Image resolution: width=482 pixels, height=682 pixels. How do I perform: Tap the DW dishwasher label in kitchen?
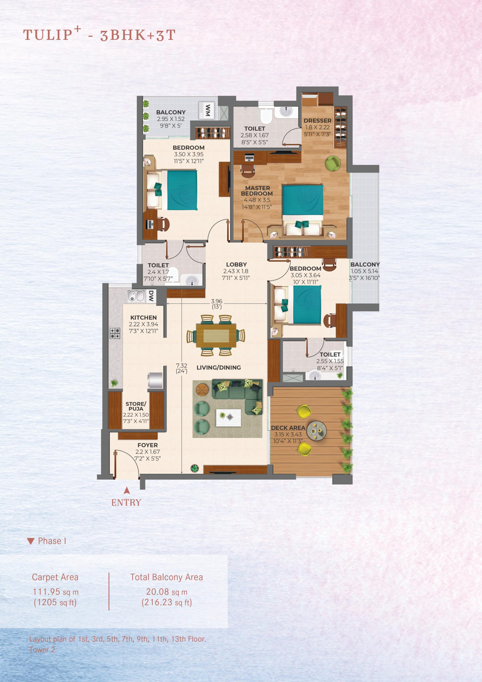click(151, 296)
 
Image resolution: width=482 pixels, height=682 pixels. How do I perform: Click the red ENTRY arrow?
click(127, 490)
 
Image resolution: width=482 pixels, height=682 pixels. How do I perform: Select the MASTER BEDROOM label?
click(257, 191)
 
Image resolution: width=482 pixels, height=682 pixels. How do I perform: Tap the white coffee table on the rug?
click(228, 418)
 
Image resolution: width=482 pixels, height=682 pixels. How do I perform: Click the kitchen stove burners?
click(115, 333)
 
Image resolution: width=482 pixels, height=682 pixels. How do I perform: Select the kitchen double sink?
click(136, 296)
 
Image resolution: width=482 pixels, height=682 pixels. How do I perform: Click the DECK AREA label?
click(288, 428)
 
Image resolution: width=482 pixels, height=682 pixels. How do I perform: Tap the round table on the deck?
click(316, 431)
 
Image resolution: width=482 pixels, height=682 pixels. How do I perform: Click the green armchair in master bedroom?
click(333, 163)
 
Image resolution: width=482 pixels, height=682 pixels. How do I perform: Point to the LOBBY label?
click(236, 264)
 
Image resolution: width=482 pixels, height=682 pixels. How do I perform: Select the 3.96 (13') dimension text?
click(217, 304)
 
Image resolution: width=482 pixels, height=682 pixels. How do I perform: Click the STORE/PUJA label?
click(136, 406)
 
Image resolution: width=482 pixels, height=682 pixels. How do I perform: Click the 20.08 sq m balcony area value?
click(167, 592)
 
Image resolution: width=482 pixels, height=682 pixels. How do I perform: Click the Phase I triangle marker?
click(31, 541)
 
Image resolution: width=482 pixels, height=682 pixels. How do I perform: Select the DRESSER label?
click(317, 121)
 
